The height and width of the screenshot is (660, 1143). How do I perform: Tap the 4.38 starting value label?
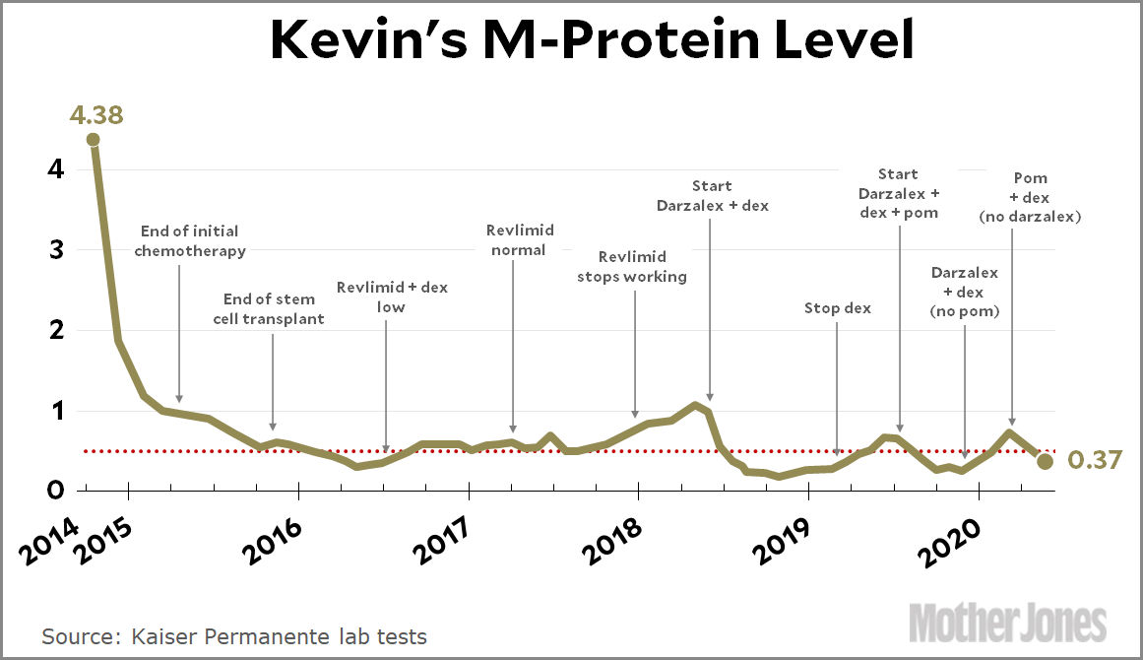[96, 114]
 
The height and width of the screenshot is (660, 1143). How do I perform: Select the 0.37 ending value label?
[1088, 460]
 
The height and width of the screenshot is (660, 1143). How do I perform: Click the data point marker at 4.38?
[94, 140]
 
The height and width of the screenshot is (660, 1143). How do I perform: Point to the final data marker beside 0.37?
[1046, 461]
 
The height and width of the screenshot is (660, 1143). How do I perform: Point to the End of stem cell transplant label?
[269, 309]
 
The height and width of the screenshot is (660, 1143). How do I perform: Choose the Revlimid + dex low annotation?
[391, 297]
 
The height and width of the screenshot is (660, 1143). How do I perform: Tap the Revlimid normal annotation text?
[519, 240]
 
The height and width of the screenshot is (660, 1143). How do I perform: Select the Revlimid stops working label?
[631, 267]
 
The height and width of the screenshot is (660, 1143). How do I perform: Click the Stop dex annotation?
[837, 308]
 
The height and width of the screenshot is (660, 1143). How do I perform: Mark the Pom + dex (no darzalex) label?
[1030, 197]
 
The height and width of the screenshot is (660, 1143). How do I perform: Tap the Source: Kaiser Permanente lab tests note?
[234, 636]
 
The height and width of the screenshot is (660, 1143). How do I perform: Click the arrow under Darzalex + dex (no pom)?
[964, 389]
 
